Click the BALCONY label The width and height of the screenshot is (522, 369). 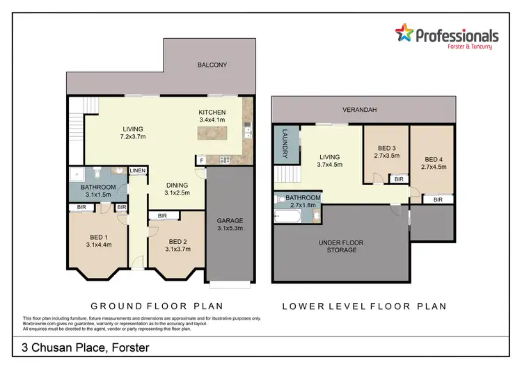212,65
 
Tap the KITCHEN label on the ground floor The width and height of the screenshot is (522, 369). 212,112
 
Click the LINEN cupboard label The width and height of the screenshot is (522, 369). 137,170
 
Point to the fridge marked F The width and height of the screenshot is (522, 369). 202,161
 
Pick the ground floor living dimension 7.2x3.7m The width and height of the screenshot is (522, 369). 132,138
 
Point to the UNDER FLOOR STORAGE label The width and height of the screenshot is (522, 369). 341,246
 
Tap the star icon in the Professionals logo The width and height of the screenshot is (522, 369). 404,32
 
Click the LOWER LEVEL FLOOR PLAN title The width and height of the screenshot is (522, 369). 364,306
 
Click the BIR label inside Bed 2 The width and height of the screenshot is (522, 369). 162,216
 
